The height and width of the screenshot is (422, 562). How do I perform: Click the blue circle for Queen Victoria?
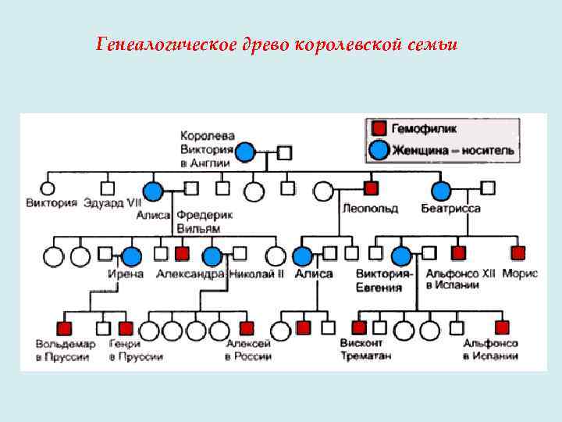[x=245, y=152]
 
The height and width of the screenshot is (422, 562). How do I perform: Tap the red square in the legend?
[x=379, y=128]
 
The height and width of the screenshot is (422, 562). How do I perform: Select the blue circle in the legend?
[x=379, y=149]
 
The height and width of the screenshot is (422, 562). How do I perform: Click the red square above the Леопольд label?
[x=371, y=188]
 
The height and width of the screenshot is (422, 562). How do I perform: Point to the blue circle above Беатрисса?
[x=441, y=190]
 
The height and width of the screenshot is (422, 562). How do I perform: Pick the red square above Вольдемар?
[x=65, y=328]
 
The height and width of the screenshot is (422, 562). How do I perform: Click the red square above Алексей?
[x=247, y=328]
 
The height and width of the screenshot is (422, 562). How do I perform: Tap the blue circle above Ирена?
[x=131, y=255]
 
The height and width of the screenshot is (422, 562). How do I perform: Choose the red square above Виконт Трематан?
[x=359, y=328]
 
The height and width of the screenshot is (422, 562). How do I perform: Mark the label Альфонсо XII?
[x=462, y=274]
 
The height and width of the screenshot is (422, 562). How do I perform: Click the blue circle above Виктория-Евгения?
[x=401, y=256]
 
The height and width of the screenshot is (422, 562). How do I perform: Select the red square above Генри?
[x=126, y=328]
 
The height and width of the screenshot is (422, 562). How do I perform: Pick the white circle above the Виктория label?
[x=48, y=188]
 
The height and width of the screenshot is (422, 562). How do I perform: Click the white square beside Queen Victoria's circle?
[x=285, y=152]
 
